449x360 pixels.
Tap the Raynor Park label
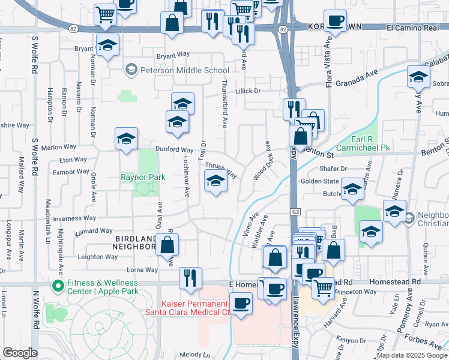pyautogui.click(x=143, y=177)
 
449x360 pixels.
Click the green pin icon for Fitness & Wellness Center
pyautogui.click(x=58, y=286)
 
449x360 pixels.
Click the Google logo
pyautogui.click(x=20, y=353)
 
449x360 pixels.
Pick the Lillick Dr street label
pyautogui.click(x=248, y=91)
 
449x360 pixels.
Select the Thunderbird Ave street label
pyautogui.click(x=224, y=104)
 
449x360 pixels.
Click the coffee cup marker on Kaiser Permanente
pyautogui.click(x=241, y=303)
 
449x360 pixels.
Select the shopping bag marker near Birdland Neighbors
pyautogui.click(x=167, y=244)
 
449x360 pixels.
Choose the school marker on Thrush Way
pyautogui.click(x=215, y=180)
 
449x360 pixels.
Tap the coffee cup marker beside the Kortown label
pyautogui.click(x=335, y=20)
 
